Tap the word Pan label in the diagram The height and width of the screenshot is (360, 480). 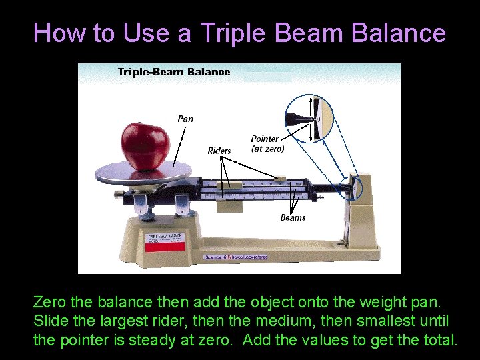tap(185, 119)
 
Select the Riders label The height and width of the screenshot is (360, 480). tap(219, 151)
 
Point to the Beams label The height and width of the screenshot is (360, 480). tap(293, 217)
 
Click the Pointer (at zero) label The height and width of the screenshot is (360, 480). tap(267, 143)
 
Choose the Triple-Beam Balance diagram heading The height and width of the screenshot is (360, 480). tap(173, 72)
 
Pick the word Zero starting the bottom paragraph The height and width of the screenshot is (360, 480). tap(51, 303)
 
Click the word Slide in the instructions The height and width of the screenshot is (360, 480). tap(49, 321)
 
